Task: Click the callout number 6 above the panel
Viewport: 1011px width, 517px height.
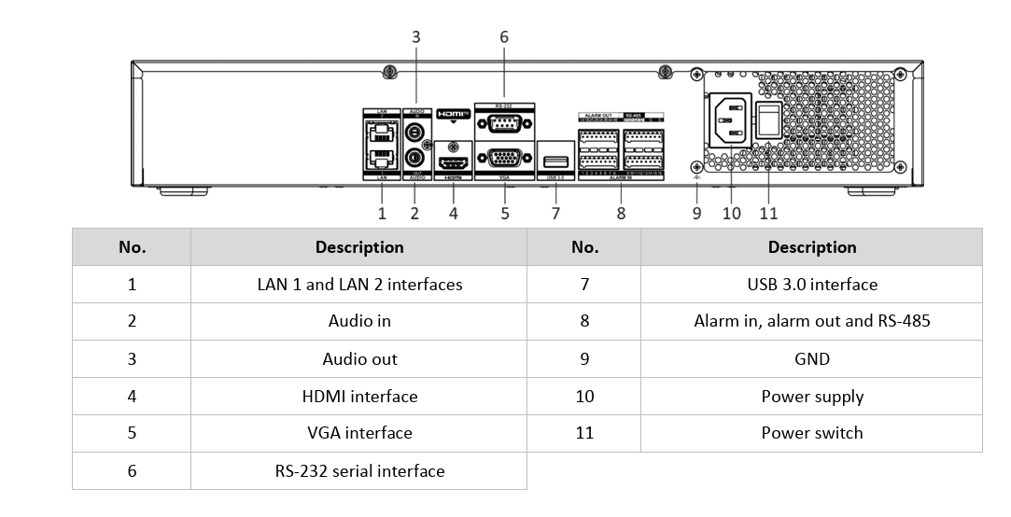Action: [504, 37]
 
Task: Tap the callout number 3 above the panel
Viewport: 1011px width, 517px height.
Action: [416, 37]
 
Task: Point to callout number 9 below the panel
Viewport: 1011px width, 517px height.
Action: [696, 213]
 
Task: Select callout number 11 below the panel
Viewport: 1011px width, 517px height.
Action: [768, 213]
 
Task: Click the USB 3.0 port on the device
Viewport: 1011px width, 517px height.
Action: [553, 160]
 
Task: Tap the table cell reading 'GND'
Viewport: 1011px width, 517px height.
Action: [811, 359]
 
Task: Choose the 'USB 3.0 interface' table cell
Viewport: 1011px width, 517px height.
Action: [811, 284]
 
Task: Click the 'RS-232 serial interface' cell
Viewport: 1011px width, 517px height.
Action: [359, 471]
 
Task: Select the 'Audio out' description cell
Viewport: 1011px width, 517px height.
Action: [359, 359]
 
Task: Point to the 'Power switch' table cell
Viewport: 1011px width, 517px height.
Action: [811, 433]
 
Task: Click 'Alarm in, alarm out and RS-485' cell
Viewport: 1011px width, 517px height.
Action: [811, 321]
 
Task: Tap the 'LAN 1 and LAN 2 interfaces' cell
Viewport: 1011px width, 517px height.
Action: [359, 284]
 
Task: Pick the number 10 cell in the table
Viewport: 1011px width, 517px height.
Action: [584, 397]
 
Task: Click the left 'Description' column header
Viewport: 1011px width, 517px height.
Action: [359, 247]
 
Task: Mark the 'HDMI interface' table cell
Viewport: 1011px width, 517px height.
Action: [359, 397]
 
